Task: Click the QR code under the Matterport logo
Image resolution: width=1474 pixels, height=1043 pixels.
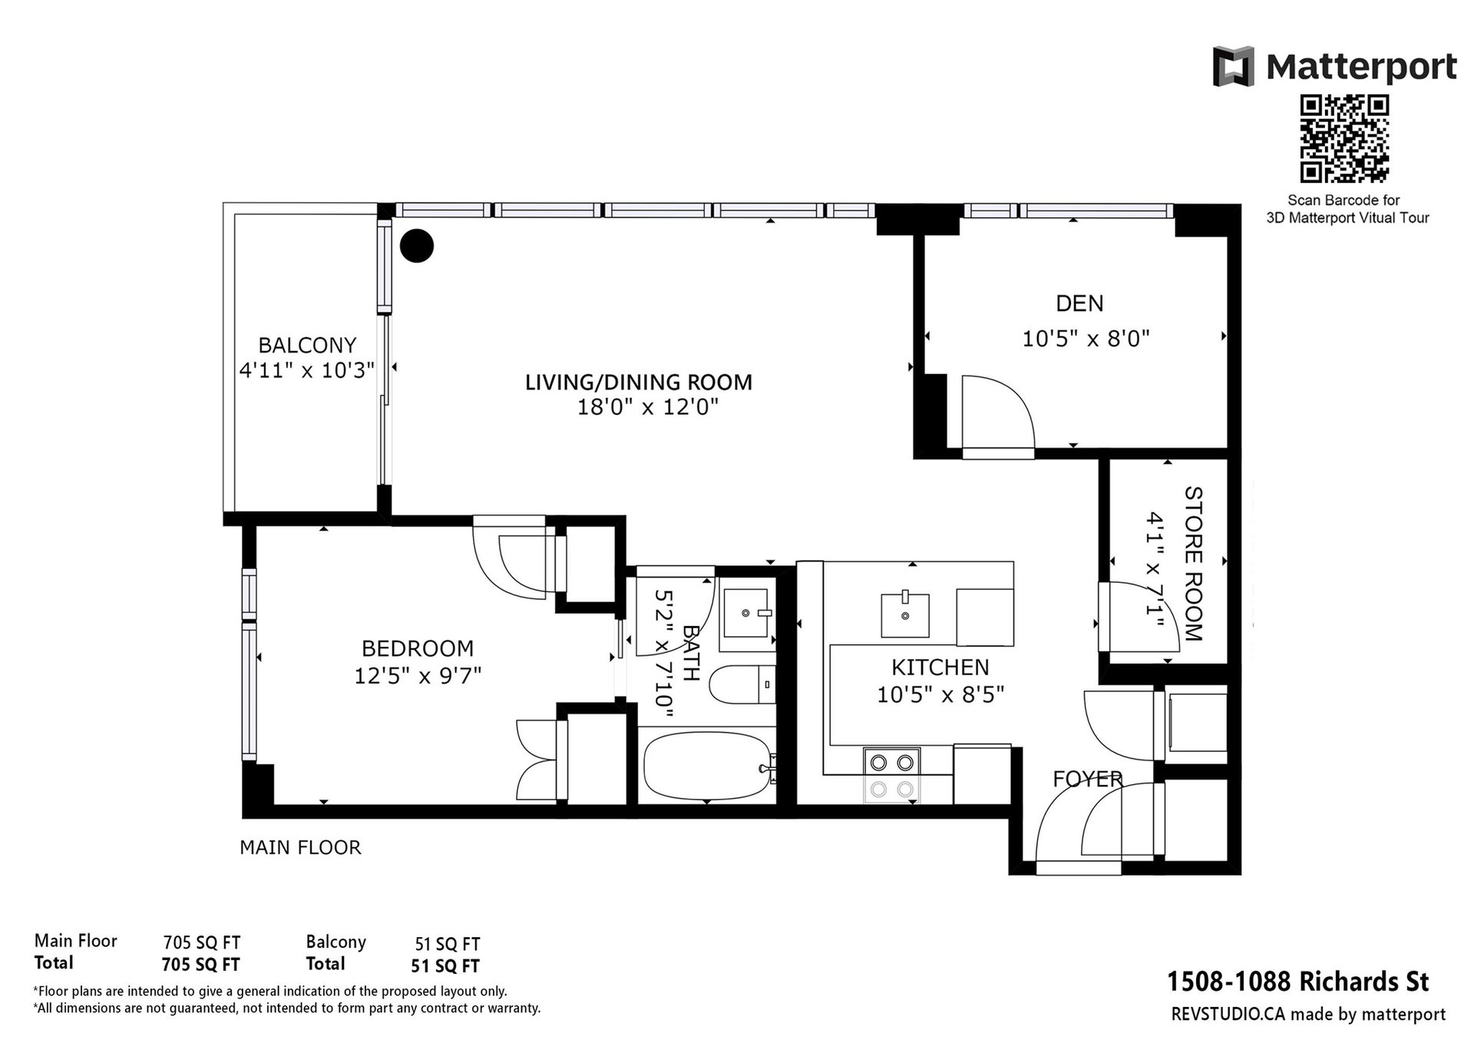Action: (x=1343, y=139)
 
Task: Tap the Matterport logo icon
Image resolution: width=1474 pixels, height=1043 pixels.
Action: (x=1234, y=65)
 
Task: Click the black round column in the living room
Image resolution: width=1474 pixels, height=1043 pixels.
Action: (x=418, y=246)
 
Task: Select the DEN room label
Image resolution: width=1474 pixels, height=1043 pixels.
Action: (x=1079, y=303)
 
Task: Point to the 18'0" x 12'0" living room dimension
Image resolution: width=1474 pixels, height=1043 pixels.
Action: (x=647, y=407)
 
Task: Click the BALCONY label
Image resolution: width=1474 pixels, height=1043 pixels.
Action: (x=307, y=345)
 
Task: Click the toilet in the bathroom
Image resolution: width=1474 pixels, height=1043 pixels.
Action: (x=742, y=685)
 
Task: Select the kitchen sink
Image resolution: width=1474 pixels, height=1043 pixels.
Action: (x=905, y=614)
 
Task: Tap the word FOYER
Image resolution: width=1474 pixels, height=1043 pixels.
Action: (x=1087, y=779)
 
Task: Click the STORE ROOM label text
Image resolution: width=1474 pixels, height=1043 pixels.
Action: (x=1194, y=563)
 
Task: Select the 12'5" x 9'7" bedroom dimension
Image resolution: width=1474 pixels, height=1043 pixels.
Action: (x=418, y=676)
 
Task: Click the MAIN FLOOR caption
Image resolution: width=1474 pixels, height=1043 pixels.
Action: (x=300, y=847)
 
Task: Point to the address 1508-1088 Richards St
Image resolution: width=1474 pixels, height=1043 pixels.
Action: (x=1298, y=982)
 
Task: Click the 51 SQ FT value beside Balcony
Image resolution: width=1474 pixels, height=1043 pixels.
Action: (x=448, y=944)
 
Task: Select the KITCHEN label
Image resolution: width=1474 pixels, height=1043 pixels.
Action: (x=940, y=667)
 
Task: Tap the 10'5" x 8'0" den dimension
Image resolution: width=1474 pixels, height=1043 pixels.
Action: (x=1086, y=339)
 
